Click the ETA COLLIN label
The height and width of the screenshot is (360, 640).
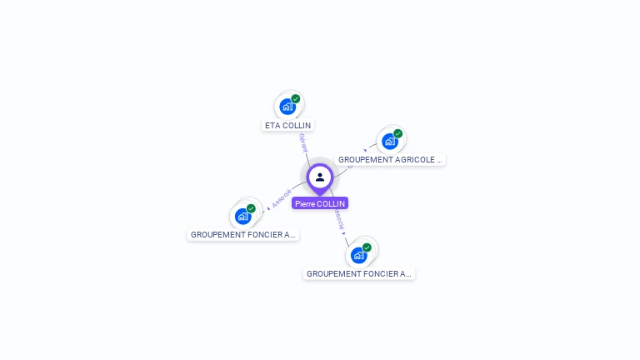(287, 126)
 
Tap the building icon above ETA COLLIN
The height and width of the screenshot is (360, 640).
(287, 107)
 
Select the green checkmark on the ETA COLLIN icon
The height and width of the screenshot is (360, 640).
(296, 99)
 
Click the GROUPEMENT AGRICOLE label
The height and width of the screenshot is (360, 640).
(390, 159)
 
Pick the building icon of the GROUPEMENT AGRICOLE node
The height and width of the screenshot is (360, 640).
(389, 141)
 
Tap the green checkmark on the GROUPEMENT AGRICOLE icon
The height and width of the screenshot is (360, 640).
(397, 133)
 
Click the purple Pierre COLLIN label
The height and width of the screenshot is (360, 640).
(320, 203)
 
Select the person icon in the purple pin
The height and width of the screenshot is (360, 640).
(320, 177)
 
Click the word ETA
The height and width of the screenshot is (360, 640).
(272, 126)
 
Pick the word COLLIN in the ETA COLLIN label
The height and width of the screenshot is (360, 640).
(297, 126)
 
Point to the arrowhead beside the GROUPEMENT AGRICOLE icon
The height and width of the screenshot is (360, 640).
(365, 151)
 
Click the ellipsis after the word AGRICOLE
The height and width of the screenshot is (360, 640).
(438, 159)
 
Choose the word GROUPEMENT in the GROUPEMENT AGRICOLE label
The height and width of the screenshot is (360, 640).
(365, 159)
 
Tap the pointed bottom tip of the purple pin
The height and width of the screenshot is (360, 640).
(320, 194)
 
